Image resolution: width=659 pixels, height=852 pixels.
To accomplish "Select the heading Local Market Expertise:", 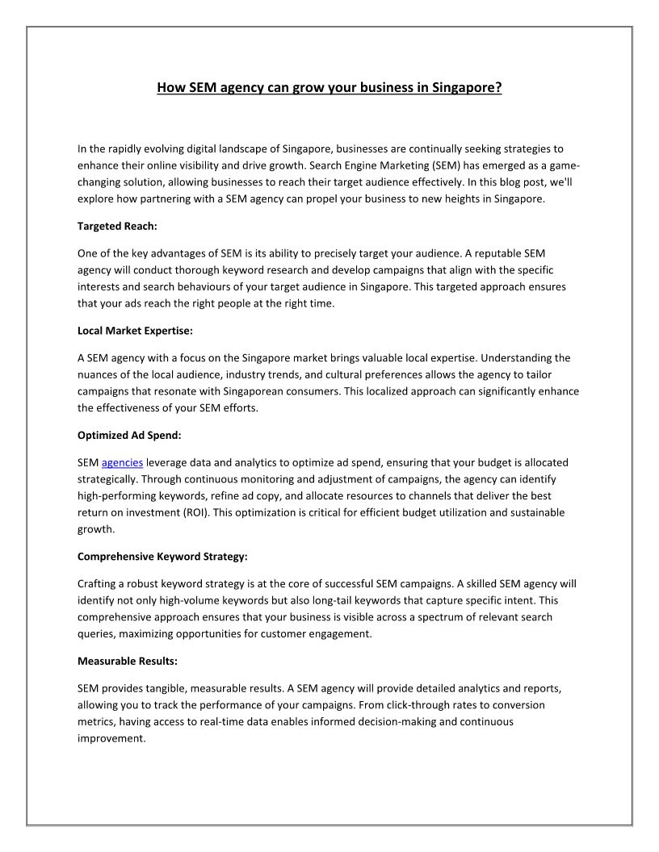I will coord(135,330).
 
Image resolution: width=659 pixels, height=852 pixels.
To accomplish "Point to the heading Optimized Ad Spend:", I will coord(129,435).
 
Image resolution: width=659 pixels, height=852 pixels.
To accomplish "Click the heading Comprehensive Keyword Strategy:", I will coord(162,556).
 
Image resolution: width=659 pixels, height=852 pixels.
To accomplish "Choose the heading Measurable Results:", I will coord(128,661).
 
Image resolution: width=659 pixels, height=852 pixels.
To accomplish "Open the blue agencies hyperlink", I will coord(122,462).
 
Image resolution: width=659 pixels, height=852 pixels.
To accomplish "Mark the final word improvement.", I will coord(111,738).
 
